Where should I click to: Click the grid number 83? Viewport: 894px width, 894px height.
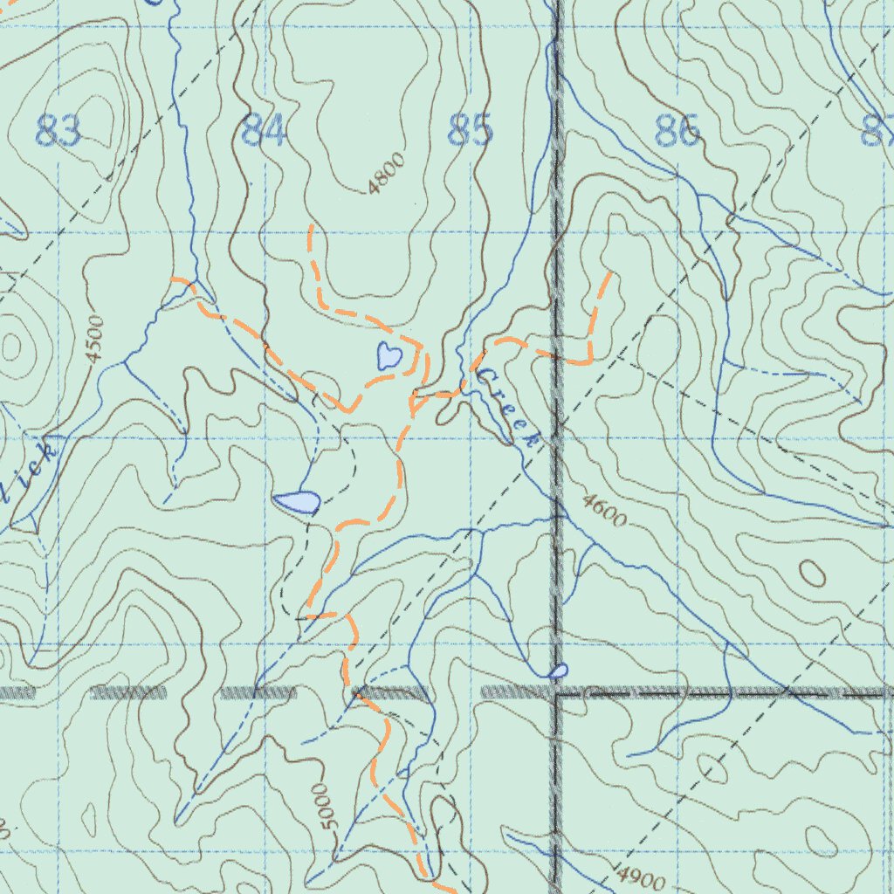(58, 132)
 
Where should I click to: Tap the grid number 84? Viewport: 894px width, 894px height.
(264, 132)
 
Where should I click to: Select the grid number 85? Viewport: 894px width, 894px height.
(470, 131)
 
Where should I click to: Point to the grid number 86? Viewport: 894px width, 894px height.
(677, 132)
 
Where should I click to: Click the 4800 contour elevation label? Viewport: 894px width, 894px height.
(387, 173)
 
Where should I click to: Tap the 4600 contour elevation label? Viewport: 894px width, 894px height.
(603, 511)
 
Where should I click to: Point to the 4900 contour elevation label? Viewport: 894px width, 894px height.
(641, 878)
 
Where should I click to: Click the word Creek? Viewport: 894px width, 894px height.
(508, 409)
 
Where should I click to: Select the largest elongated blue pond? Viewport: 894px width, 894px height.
(296, 502)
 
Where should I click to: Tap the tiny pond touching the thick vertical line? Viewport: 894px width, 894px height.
(557, 670)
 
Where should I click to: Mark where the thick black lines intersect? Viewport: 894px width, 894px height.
(556, 692)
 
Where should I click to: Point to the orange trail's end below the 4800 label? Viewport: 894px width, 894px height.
(312, 227)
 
